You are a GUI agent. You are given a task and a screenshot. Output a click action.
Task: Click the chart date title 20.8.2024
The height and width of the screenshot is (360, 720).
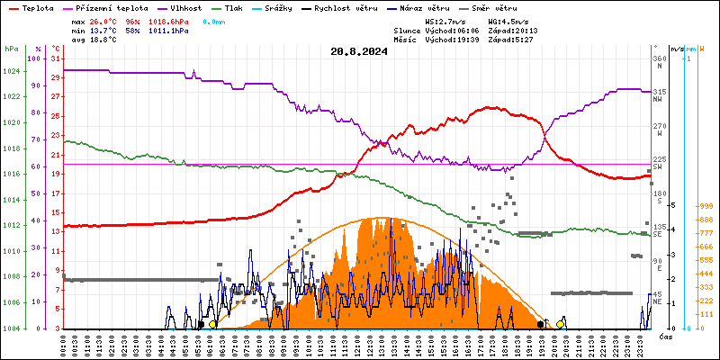[x=359, y=51]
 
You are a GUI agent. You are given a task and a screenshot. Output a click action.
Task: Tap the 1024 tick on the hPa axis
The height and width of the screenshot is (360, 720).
[x=12, y=71]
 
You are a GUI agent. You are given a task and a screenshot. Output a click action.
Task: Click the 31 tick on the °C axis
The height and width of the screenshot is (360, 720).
[x=56, y=58]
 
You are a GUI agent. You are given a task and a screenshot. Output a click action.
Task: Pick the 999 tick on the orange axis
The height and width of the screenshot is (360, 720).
[x=706, y=206]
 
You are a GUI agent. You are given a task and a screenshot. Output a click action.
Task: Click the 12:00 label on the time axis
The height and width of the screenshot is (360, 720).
[x=358, y=345]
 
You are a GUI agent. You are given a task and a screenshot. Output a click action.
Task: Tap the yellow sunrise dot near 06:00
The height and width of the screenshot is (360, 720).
[x=212, y=324]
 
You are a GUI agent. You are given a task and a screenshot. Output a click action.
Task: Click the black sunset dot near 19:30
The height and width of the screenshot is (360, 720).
[x=540, y=324]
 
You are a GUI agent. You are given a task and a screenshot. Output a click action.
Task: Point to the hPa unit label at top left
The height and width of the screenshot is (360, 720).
[x=11, y=48]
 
